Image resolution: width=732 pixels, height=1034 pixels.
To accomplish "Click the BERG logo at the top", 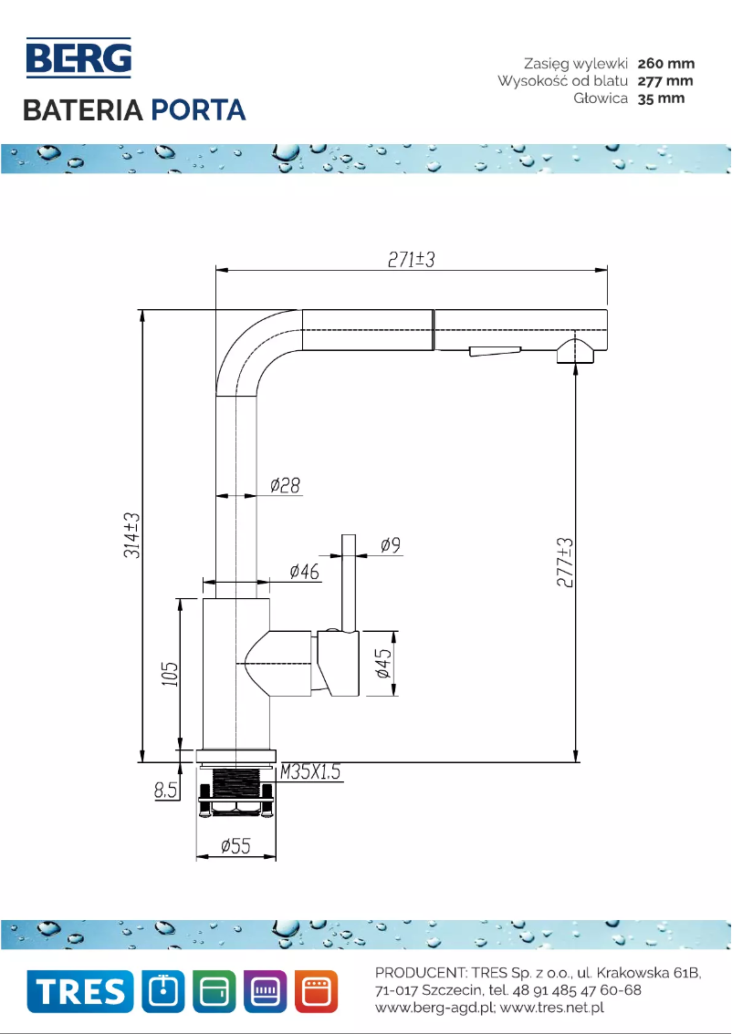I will pyautogui.click(x=78, y=57).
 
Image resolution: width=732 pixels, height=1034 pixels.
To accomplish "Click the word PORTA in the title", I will pyautogui.click(x=198, y=110).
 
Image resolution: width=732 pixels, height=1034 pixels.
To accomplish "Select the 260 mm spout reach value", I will pyautogui.click(x=665, y=64).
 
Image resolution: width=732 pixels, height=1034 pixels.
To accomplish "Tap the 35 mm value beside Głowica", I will pyautogui.click(x=661, y=98).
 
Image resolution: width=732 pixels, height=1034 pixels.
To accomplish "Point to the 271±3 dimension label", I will pyautogui.click(x=410, y=259).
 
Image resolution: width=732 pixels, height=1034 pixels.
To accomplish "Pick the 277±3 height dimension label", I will pyautogui.click(x=566, y=563).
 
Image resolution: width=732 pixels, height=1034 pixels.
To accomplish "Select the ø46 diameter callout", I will pyautogui.click(x=304, y=572).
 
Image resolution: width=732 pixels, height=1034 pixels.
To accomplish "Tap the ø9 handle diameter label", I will pyautogui.click(x=390, y=545).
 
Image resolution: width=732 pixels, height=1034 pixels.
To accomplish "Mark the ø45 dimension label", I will pyautogui.click(x=384, y=663).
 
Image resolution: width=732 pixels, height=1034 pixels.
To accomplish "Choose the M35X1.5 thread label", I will pyautogui.click(x=310, y=772).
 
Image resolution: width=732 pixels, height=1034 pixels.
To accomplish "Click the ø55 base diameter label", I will pyautogui.click(x=235, y=846).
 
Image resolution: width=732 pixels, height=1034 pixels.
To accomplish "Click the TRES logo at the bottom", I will pyautogui.click(x=78, y=991).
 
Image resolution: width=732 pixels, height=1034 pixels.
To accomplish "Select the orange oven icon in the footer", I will pyautogui.click(x=316, y=991).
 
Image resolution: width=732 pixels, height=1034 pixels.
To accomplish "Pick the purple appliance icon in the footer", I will pyautogui.click(x=265, y=991).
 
